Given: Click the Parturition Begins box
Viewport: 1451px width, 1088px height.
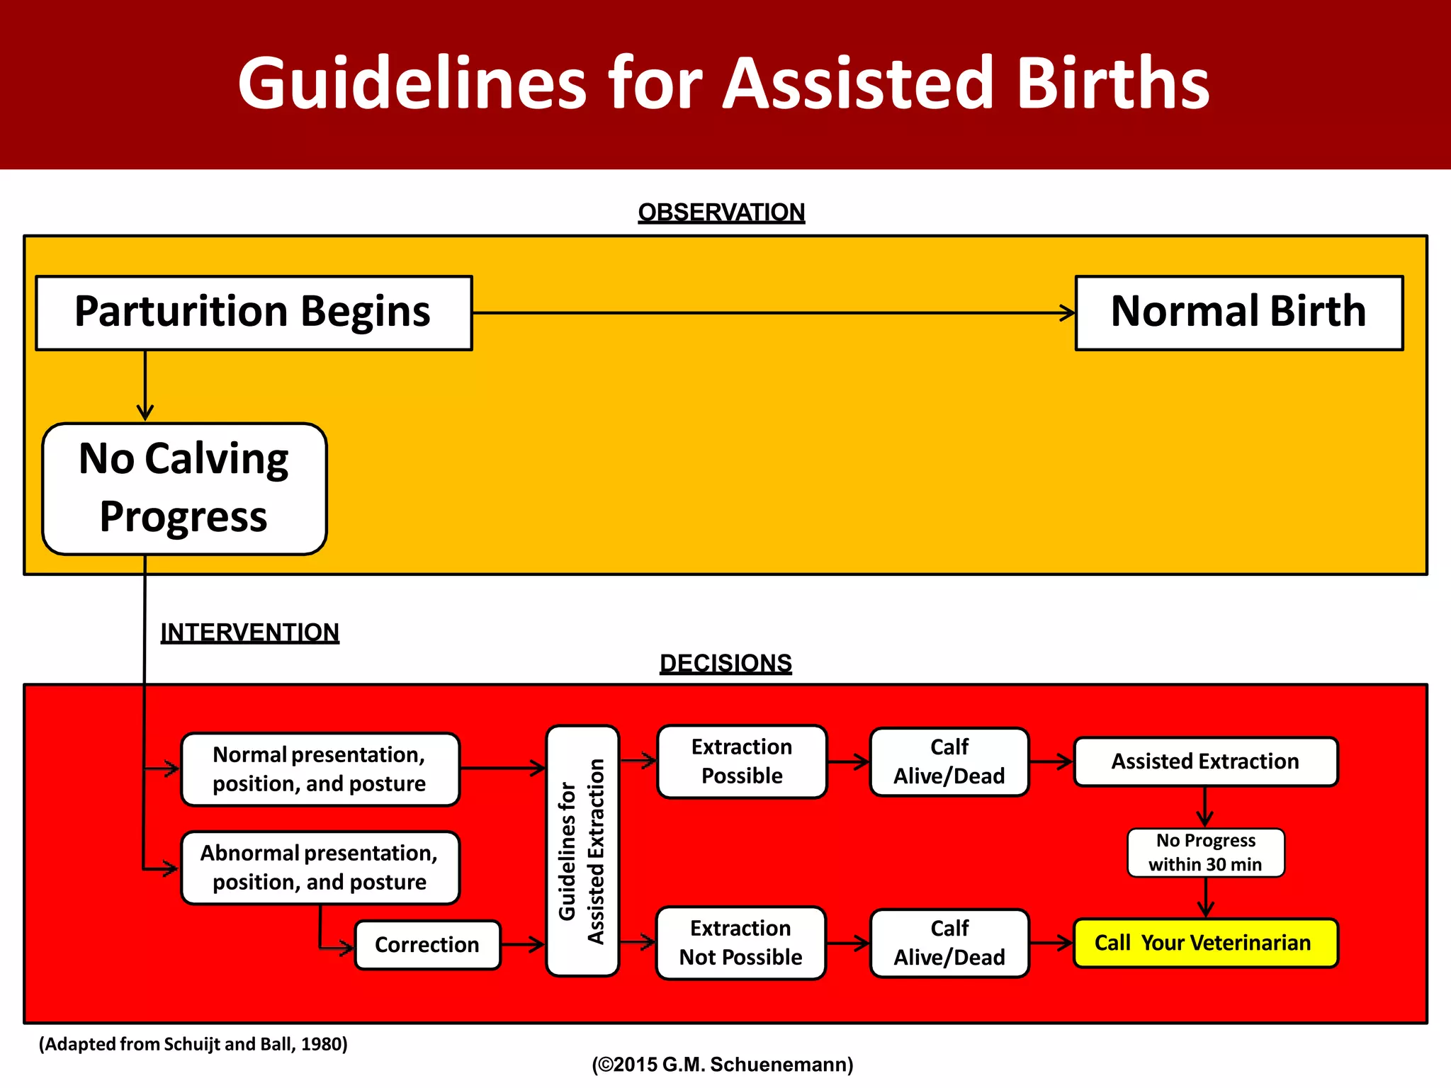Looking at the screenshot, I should (254, 312).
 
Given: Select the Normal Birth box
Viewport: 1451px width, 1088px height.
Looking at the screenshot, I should (1238, 312).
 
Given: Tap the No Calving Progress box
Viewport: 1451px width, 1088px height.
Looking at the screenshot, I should (184, 488).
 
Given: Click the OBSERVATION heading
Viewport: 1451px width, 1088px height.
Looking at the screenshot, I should (721, 212).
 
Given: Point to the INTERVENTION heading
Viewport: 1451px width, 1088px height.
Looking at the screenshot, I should (249, 632).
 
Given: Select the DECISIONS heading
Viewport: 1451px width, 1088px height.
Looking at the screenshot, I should (725, 663).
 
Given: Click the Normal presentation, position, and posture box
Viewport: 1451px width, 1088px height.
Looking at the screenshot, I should (320, 769).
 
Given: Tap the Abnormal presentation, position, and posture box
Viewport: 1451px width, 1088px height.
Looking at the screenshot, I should (320, 868).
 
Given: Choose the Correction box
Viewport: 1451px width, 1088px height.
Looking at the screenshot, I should (427, 944).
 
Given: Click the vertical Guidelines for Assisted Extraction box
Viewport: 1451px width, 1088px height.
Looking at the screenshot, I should (582, 851).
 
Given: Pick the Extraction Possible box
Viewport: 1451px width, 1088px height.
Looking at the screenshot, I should (742, 761).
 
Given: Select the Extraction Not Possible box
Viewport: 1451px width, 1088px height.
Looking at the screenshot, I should (741, 943).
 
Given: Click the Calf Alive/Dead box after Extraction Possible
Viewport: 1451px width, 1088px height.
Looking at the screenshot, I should (949, 761).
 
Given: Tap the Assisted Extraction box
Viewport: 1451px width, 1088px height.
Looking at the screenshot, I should (1205, 761).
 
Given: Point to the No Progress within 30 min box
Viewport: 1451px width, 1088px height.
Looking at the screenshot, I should (1205, 852).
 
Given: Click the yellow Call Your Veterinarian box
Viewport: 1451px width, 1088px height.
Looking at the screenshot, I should (1205, 943).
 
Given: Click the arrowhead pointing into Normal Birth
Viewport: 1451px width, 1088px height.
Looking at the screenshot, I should (1068, 312).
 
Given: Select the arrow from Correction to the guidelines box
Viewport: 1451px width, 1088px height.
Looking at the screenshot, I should (523, 944).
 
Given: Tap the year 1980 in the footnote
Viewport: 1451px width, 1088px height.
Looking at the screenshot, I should (323, 1044).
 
